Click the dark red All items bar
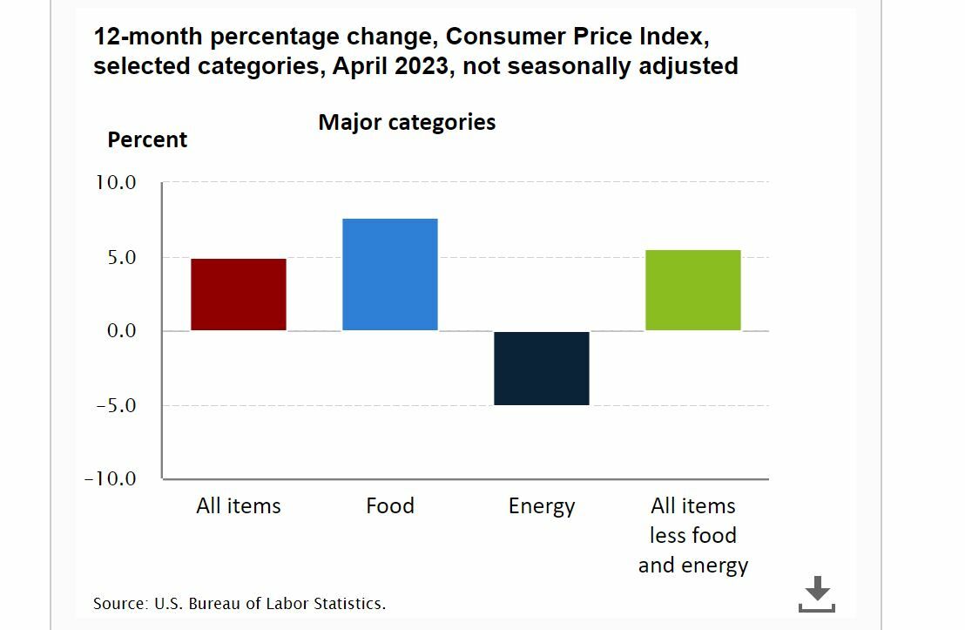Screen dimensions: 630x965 [239, 295]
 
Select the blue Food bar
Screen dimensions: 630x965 [390, 274]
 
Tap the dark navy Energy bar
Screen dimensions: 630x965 [542, 368]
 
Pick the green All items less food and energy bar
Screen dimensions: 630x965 [693, 290]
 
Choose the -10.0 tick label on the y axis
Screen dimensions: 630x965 [111, 478]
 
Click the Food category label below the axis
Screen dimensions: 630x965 [390, 506]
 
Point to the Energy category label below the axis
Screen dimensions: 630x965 [542, 506]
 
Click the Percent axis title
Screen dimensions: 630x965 [147, 140]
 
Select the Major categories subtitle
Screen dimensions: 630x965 [407, 122]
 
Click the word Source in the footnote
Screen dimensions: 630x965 [119, 603]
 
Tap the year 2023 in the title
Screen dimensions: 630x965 [422, 66]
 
